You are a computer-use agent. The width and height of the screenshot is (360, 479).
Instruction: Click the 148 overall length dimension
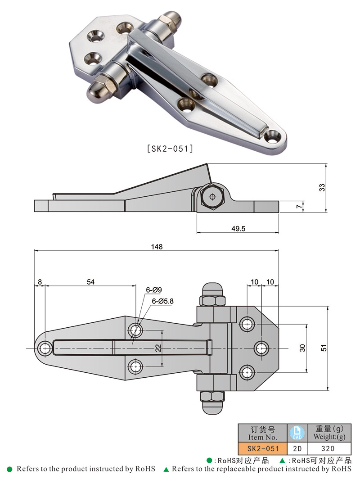coord(157,246)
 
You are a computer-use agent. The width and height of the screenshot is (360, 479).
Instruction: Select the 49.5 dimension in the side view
coord(238,228)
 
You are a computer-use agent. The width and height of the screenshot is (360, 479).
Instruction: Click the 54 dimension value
coord(90,282)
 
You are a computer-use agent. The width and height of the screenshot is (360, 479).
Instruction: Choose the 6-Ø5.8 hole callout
coord(162,301)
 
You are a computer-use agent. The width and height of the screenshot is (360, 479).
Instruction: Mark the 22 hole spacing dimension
coord(158,348)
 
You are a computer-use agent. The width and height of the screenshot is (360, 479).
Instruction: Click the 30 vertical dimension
coord(302,348)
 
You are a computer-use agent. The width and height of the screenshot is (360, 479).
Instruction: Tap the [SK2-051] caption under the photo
coord(170,148)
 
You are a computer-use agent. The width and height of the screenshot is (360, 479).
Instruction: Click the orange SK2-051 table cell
coord(261,448)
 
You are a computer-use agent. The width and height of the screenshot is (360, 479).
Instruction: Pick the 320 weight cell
coord(328,448)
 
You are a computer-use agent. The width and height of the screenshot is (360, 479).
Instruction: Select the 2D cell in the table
coord(297,448)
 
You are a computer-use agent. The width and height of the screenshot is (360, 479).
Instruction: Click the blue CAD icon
coord(297,433)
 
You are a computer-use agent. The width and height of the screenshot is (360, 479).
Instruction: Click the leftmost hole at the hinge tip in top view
coord(45,348)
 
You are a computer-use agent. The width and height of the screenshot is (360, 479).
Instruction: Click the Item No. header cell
coord(261,433)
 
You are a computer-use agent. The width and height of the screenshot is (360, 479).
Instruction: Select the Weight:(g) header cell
coord(328,433)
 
